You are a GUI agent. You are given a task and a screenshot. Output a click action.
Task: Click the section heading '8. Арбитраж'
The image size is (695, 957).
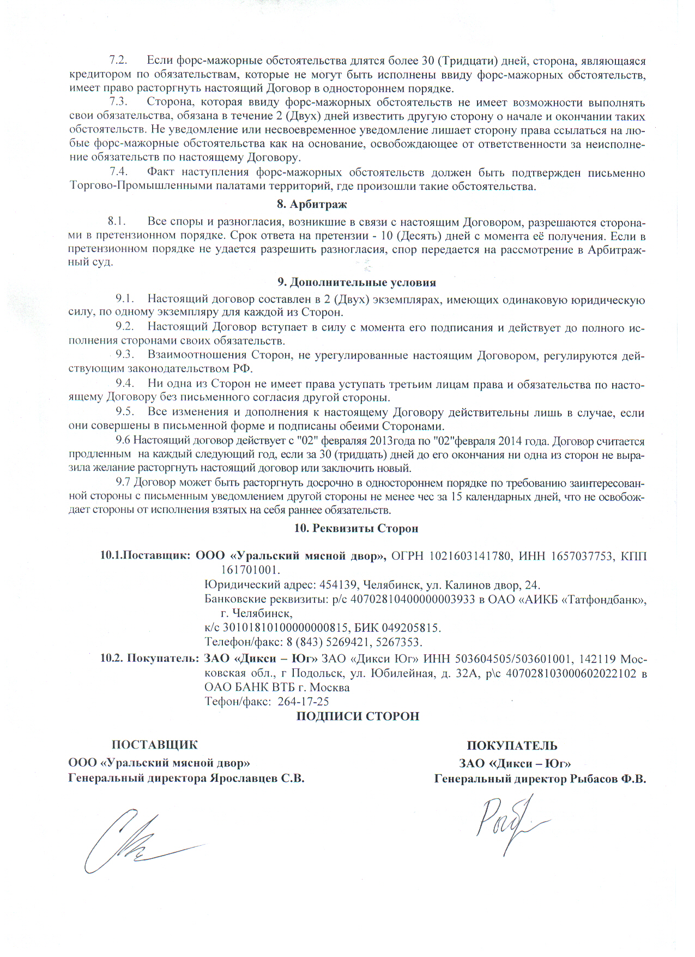(x=312, y=205)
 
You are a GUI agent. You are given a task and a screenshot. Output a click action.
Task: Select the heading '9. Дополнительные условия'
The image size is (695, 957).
(x=357, y=283)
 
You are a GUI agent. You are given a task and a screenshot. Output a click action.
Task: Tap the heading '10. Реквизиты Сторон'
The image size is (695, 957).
(x=356, y=529)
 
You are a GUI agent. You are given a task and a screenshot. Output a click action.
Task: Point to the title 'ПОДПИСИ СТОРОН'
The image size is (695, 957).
(x=358, y=716)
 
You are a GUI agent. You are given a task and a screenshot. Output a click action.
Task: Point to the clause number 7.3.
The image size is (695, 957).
(x=118, y=102)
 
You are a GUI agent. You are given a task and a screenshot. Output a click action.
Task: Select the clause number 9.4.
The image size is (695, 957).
(x=125, y=384)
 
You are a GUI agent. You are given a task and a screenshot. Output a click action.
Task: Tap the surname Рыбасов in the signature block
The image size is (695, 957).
(x=593, y=780)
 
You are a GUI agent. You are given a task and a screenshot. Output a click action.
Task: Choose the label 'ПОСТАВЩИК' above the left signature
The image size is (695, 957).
(x=155, y=745)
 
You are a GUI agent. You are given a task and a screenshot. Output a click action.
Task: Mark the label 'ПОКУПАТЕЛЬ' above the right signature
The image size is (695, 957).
(x=512, y=746)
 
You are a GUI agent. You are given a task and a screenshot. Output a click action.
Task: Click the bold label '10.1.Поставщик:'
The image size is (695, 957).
(x=145, y=556)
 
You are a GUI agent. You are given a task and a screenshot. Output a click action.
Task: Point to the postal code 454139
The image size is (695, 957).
(x=339, y=585)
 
